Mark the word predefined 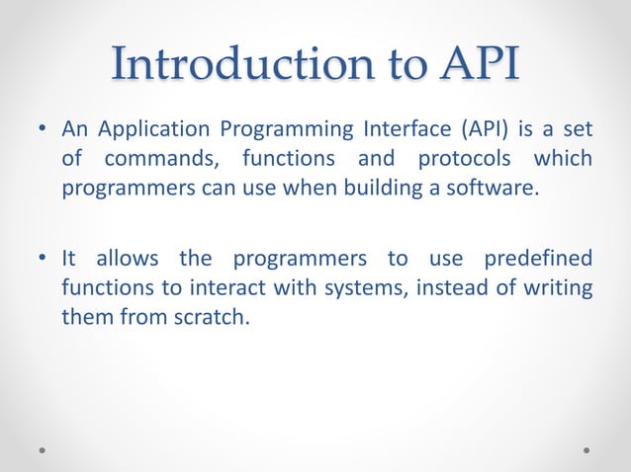(x=538, y=260)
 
